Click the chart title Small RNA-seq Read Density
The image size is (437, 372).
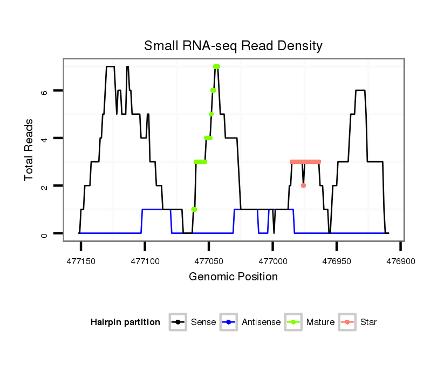point(233,46)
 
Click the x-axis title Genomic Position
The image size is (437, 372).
point(233,277)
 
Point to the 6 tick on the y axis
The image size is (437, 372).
point(45,91)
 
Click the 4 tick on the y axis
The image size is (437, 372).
point(45,139)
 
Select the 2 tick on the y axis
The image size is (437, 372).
point(45,186)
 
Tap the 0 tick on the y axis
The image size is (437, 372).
point(45,233)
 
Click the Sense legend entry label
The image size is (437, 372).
point(203,322)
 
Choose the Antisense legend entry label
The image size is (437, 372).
point(261,322)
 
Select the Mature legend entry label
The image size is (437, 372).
point(320,322)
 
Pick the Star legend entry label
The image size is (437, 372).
point(368,322)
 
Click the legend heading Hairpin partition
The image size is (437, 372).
point(125,322)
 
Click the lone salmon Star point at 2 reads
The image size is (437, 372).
point(304,185)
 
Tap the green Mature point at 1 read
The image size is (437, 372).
point(194,209)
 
